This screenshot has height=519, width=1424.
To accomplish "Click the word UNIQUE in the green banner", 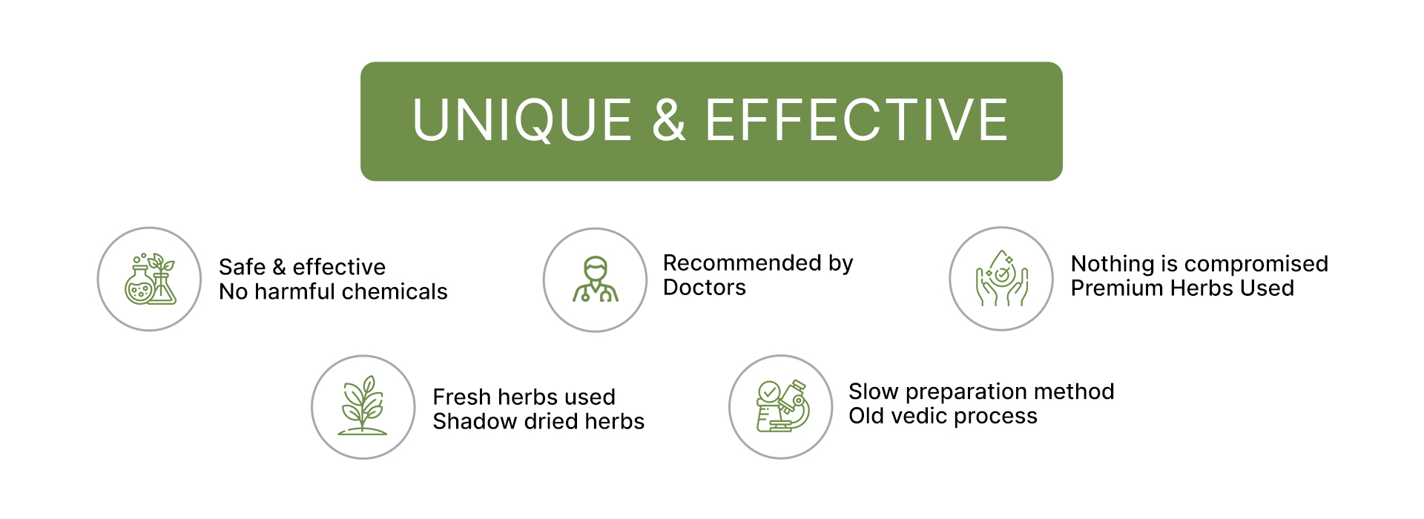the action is click(522, 120).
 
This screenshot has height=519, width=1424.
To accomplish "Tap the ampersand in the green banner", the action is click(668, 120).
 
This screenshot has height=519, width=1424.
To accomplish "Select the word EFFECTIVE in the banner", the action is click(857, 120).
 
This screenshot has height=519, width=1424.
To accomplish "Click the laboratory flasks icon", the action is click(150, 279).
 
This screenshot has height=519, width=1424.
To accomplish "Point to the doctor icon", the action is click(596, 280).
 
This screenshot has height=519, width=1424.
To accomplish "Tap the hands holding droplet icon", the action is click(1001, 278).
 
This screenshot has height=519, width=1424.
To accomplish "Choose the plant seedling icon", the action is click(363, 406).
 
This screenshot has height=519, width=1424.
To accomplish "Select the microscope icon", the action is click(782, 406).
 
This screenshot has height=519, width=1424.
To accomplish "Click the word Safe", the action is click(243, 267).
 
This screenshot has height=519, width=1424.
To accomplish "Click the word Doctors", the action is click(705, 288).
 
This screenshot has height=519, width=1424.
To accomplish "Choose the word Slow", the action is click(874, 391).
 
